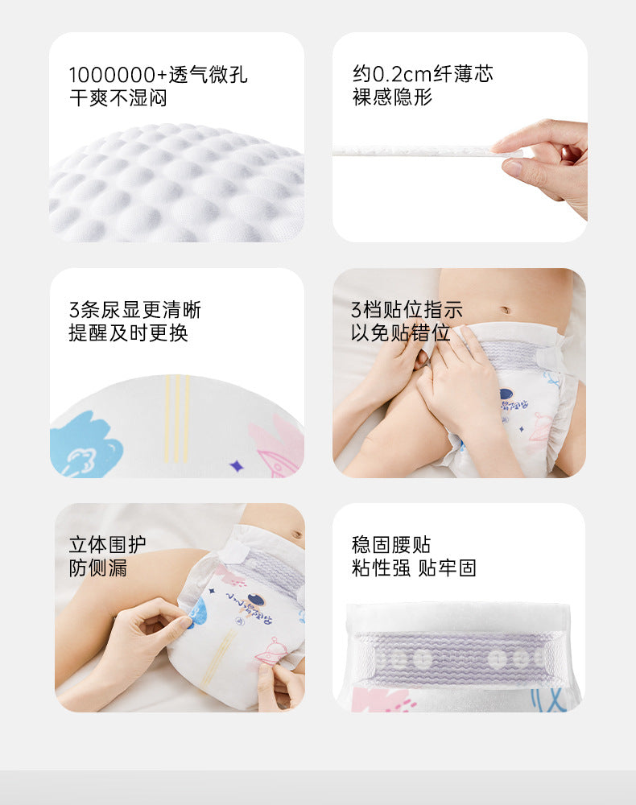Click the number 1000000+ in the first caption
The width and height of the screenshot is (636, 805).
[118, 76]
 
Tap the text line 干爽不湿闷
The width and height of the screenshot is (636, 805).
[118, 99]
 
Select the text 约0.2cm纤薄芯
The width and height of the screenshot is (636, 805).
[423, 74]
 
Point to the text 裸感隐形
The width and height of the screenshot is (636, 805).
[392, 97]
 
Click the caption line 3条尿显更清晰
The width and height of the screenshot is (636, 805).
[134, 310]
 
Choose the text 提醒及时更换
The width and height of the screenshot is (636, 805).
[128, 333]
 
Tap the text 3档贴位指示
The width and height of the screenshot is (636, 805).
[407, 310]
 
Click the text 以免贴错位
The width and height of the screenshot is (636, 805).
[400, 332]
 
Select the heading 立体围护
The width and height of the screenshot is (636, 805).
[108, 545]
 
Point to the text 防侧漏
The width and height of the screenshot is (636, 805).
[98, 568]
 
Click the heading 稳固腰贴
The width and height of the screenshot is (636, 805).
[391, 545]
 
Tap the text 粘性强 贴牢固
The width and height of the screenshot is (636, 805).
[414, 568]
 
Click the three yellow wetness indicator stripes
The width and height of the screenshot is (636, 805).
[177, 417]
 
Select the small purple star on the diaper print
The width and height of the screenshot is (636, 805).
[236, 465]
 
